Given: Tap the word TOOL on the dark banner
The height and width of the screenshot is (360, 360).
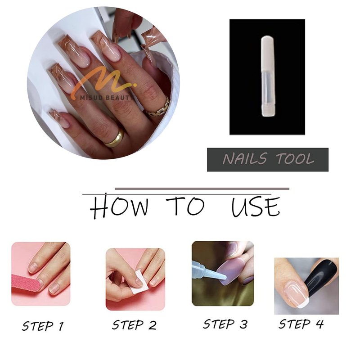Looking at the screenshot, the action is (295, 159).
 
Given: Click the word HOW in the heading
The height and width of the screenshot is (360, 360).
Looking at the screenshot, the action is (119, 206).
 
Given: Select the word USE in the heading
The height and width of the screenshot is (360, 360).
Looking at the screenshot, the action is (256, 207).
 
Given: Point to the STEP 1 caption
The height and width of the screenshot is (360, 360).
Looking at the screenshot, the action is (43, 326).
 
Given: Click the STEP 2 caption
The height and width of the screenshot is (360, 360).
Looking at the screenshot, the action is (134, 325).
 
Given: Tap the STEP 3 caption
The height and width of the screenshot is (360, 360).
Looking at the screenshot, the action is (225, 324).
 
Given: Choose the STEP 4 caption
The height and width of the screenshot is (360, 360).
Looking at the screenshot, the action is (301, 324).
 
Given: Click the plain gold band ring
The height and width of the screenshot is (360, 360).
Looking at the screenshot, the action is (115, 138).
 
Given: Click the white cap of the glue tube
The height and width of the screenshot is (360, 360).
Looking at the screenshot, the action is (267, 53).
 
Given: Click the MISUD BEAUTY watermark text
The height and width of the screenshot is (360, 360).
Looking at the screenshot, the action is (106, 98).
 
